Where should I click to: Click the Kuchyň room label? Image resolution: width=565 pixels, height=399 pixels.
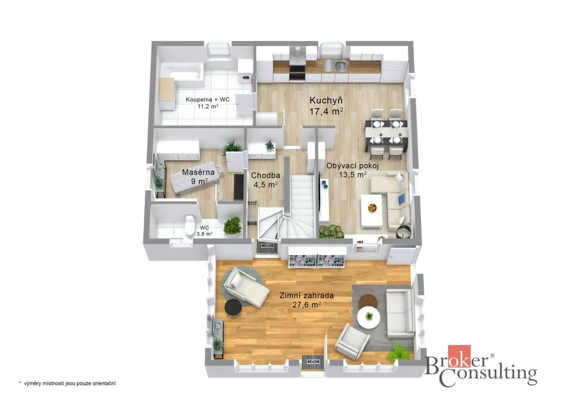(x=326, y=100)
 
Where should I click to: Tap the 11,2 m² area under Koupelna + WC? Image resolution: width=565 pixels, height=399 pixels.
(x=207, y=106)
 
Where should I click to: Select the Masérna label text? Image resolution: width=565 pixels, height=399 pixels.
(x=198, y=172)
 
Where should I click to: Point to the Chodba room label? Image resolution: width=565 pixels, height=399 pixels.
(x=265, y=176)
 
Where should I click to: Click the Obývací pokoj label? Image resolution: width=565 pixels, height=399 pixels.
(x=353, y=166)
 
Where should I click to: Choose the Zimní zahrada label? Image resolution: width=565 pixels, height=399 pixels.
(x=307, y=296)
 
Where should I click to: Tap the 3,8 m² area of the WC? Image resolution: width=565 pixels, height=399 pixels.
(x=204, y=234)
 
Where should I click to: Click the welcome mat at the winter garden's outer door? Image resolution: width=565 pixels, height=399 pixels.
(x=313, y=362)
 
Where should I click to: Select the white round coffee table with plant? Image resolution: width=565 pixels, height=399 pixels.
(x=369, y=317)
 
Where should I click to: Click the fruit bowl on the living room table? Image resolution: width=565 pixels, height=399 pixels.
(x=372, y=208)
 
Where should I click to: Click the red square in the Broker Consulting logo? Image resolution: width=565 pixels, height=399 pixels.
(x=459, y=356)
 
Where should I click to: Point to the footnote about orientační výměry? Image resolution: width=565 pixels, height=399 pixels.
(x=67, y=384)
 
